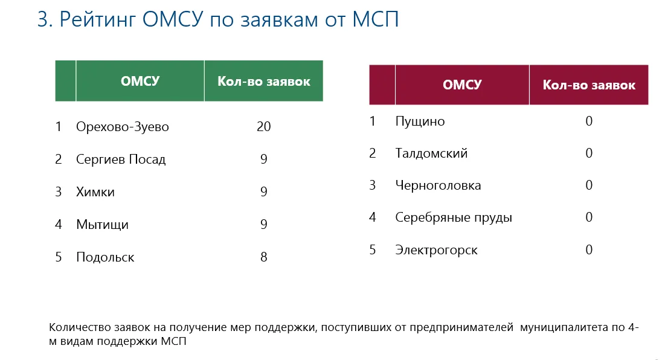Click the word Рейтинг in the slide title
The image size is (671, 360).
coord(97,20)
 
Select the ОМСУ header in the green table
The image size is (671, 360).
coord(140,81)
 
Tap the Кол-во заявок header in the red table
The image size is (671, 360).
coord(589,85)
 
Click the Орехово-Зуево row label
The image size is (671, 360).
coord(123,127)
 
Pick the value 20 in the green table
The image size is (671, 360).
coord(263,126)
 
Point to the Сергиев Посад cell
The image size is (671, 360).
coord(121,159)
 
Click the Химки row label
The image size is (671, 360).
coord(95,191)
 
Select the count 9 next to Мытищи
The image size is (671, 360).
coord(263,224)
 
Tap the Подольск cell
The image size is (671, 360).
coord(105,257)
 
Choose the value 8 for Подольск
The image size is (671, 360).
coord(263,257)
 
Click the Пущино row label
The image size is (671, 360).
coord(420,121)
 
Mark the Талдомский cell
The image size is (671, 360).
coord(431,153)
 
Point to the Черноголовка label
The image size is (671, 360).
coord(438,185)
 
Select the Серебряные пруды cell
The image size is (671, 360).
coord(454,217)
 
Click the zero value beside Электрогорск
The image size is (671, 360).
coord(589,249)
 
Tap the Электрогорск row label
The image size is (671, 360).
coord(437,250)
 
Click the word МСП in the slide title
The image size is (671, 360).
coord(376,20)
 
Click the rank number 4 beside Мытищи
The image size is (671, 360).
coord(59,224)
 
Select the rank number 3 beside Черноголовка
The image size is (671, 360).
coord(372,185)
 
